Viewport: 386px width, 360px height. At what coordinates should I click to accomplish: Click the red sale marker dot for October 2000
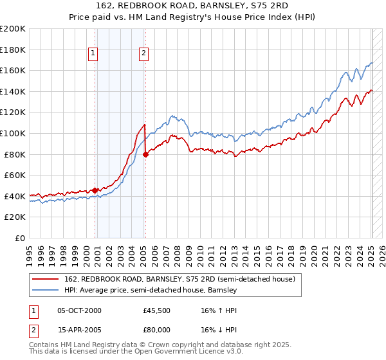[95, 190]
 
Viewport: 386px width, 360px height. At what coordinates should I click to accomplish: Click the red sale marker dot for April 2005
[146, 154]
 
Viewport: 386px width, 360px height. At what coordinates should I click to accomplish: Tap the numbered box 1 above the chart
[94, 54]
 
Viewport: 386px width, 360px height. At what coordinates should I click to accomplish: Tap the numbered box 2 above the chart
[143, 54]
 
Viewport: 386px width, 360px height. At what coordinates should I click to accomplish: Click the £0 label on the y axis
[19, 238]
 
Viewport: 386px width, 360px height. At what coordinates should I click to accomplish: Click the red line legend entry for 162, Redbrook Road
[179, 280]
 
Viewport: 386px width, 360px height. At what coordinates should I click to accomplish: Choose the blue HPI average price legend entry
[151, 291]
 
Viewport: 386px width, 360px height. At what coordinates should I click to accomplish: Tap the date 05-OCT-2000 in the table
[79, 310]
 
